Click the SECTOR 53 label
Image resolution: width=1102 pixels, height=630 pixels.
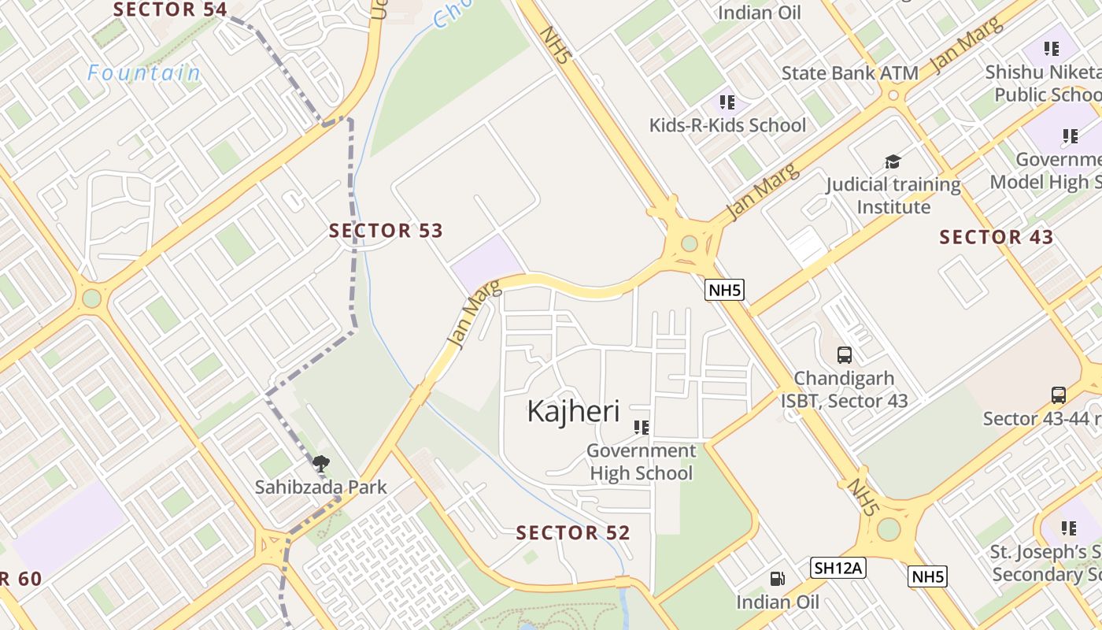click(x=386, y=231)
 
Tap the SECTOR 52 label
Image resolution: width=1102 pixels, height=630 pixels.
click(x=573, y=533)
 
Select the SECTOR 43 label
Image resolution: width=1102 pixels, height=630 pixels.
click(x=997, y=237)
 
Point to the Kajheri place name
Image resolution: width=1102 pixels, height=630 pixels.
click(x=573, y=411)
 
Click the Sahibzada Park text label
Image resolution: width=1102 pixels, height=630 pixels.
click(x=321, y=487)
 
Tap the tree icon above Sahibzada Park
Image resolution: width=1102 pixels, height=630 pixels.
click(x=320, y=464)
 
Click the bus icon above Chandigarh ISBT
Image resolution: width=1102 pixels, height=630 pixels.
click(x=845, y=354)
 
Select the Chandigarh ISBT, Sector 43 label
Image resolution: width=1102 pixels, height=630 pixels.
click(x=844, y=390)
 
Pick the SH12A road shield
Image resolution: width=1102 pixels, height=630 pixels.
click(x=838, y=567)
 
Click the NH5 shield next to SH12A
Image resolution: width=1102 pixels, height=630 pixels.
click(x=928, y=576)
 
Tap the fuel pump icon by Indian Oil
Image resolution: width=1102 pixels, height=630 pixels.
click(x=777, y=579)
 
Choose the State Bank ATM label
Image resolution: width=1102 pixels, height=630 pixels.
click(x=850, y=73)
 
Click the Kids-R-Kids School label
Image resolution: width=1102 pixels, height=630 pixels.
click(x=727, y=125)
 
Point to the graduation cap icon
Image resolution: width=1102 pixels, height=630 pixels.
click(x=893, y=161)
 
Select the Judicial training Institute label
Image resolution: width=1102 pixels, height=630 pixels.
click(x=893, y=196)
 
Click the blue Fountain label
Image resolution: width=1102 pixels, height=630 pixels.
click(x=144, y=73)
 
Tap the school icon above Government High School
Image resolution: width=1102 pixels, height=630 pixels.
click(x=642, y=427)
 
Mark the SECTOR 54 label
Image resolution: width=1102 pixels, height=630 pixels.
click(x=170, y=9)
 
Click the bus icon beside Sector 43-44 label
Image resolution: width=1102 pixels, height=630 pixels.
click(x=1059, y=395)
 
